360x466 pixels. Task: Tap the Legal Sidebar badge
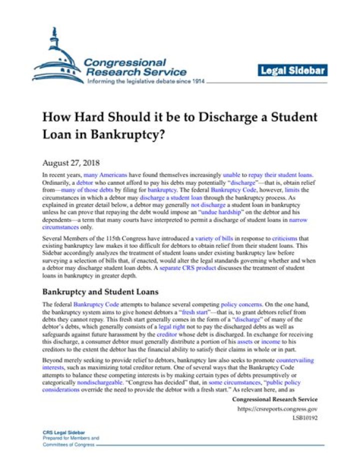tap(293, 71)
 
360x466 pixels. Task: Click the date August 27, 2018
tap(71, 163)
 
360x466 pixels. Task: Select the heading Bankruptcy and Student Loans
tap(100, 291)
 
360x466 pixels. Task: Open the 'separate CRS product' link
tap(194, 268)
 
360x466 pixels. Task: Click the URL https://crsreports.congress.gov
tap(276, 409)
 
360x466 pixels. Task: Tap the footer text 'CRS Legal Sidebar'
tap(64, 431)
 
